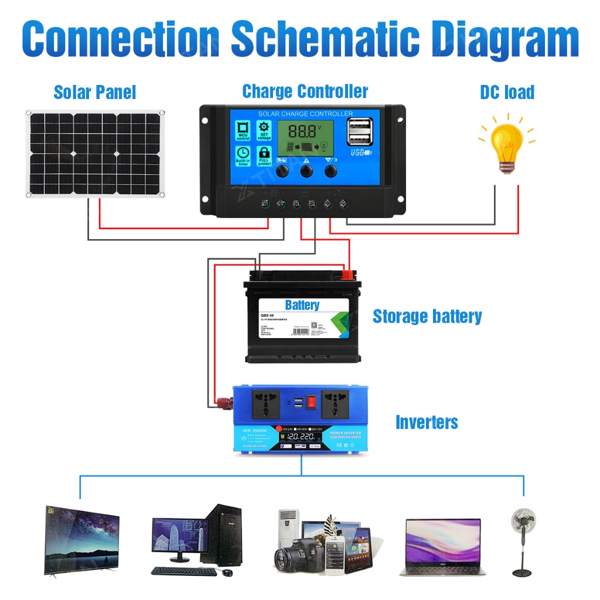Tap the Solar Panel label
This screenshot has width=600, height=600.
coord(94,92)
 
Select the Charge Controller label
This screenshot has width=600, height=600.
coord(305,91)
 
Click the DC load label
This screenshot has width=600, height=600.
coord(507,92)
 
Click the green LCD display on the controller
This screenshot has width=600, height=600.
coord(305,139)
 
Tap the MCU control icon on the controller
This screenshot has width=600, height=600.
coord(243,131)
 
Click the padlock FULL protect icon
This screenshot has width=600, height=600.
coord(264,155)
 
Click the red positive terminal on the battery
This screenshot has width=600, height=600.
coord(348,273)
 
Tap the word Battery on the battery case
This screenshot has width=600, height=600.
coord(302,305)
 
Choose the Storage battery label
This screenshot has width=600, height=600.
coord(427,316)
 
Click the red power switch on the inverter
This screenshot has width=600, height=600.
coord(312,402)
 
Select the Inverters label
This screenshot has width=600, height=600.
coord(427,422)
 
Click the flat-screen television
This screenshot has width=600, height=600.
coord(81,539)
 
